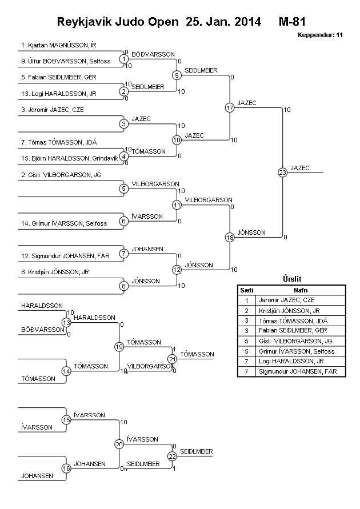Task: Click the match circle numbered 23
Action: (x=282, y=172)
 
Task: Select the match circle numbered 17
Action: (x=230, y=107)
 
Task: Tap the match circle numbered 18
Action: (x=230, y=237)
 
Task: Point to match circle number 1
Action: (x=124, y=59)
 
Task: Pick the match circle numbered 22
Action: (x=173, y=456)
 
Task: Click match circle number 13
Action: (x=66, y=323)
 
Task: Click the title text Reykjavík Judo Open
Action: (x=118, y=22)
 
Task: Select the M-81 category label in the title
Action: (x=293, y=22)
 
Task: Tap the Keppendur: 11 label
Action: (x=320, y=35)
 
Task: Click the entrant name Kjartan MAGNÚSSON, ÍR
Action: (x=54, y=45)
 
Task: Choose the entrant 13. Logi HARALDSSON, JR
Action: (x=58, y=94)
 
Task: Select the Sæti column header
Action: (x=246, y=290)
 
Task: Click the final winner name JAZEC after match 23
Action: (x=299, y=168)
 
